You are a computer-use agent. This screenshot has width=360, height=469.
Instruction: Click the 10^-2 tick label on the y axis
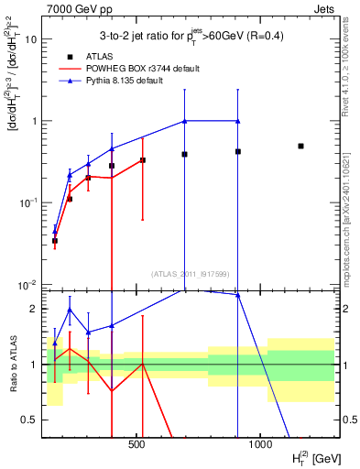[x=28, y=284]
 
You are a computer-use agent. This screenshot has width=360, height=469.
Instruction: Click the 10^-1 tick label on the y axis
[x=28, y=202]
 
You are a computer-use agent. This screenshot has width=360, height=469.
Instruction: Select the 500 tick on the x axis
[x=136, y=446]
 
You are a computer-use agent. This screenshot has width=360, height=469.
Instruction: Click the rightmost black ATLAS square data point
[x=300, y=146]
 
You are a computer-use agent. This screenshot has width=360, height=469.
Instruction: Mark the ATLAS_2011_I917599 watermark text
[x=191, y=273]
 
